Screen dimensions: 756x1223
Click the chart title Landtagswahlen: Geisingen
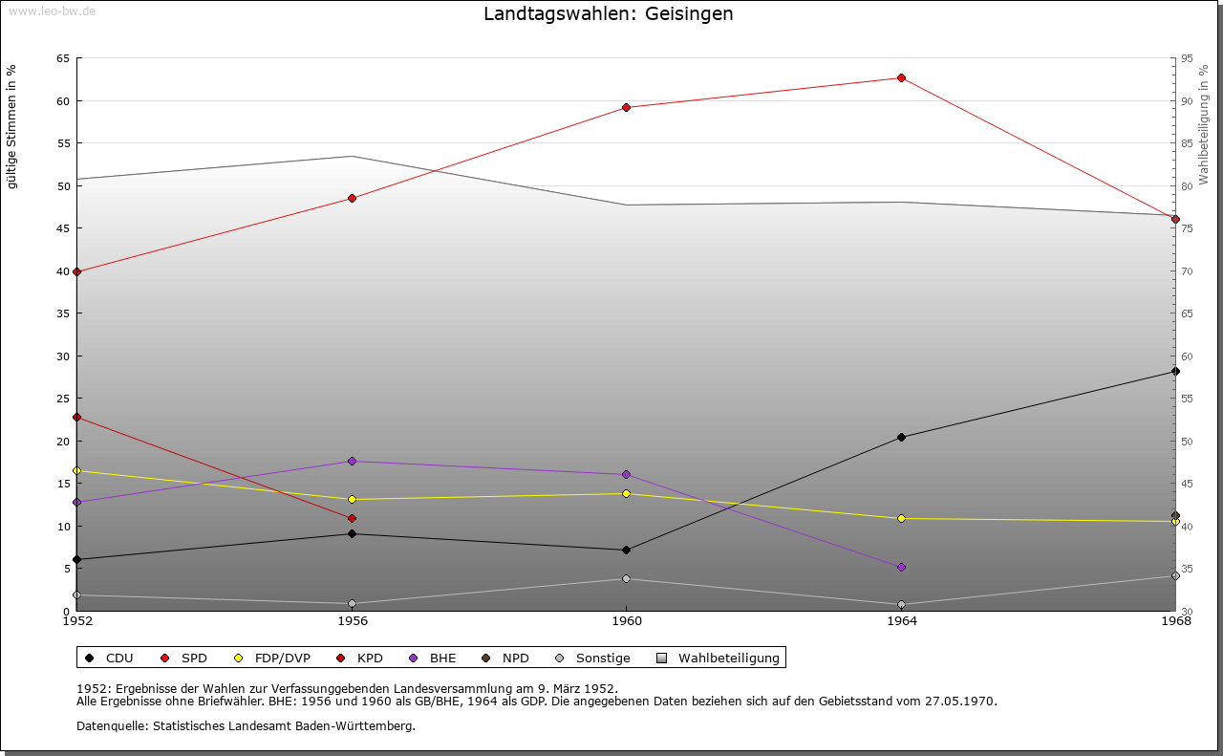pyautogui.click(x=609, y=14)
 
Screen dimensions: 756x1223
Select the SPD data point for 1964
pyautogui.click(x=901, y=77)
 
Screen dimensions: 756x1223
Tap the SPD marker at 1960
pyautogui.click(x=626, y=107)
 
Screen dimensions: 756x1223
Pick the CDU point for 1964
pyautogui.click(x=901, y=437)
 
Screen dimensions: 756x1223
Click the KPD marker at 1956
pyautogui.click(x=352, y=518)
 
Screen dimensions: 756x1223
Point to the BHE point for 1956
pyautogui.click(x=352, y=461)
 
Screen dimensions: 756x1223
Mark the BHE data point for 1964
pyautogui.click(x=901, y=567)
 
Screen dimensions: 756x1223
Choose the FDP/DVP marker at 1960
pyautogui.click(x=626, y=493)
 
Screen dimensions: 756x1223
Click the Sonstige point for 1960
pyautogui.click(x=626, y=578)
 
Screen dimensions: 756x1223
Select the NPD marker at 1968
pyautogui.click(x=1175, y=515)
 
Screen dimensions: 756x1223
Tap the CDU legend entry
pyautogui.click(x=110, y=658)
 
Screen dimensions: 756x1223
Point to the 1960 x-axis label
pyautogui.click(x=626, y=621)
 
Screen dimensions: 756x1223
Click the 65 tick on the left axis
pyautogui.click(x=63, y=58)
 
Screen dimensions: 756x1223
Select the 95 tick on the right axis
pyautogui.click(x=1187, y=58)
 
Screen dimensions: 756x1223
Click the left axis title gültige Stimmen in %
pyautogui.click(x=12, y=126)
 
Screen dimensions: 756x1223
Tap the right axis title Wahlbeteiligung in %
pyautogui.click(x=1205, y=125)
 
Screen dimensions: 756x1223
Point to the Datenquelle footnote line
pyautogui.click(x=246, y=725)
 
